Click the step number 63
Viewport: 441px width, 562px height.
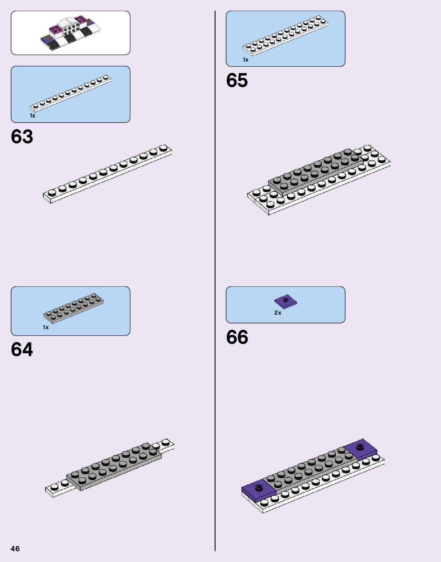tap(22, 137)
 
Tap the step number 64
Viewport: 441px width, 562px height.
tap(22, 350)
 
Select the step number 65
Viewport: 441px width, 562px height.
tap(237, 80)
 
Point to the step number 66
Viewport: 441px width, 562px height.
tap(237, 337)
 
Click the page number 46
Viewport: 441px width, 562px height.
tap(15, 549)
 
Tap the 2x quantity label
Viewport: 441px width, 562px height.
tap(278, 313)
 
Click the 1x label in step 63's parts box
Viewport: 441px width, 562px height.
tap(33, 116)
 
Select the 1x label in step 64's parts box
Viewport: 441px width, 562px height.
tap(46, 327)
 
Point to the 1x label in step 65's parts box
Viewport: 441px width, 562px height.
tap(246, 60)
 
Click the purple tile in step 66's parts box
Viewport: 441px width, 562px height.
tap(285, 302)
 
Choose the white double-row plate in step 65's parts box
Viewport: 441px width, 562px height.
tap(286, 35)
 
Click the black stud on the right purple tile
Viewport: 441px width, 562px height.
tap(360, 446)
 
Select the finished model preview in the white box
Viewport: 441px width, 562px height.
tap(70, 33)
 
